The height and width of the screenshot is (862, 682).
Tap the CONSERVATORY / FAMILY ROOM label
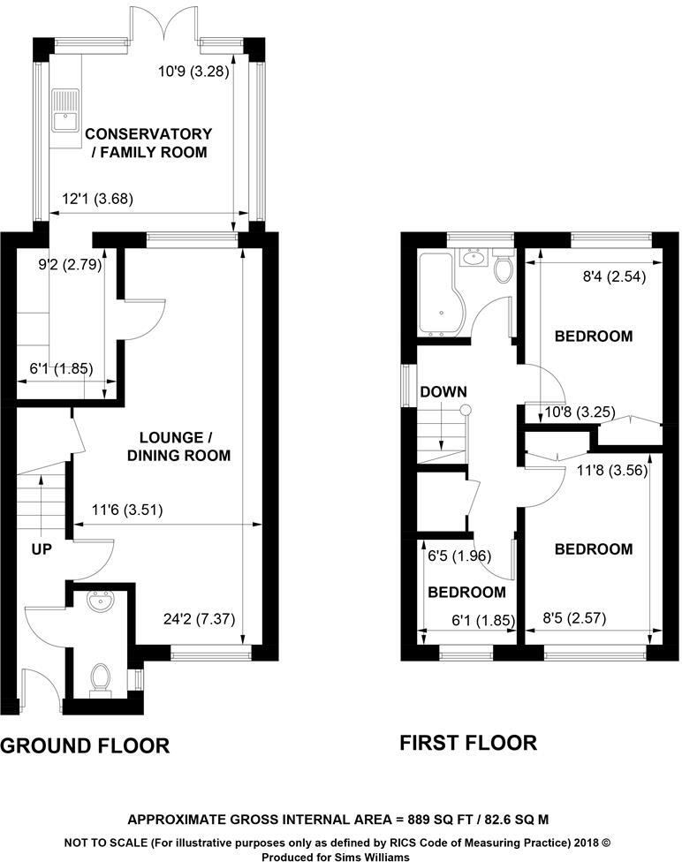click(148, 143)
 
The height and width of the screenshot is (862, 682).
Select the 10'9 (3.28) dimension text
click(193, 72)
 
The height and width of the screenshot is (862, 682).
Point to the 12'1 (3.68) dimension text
click(96, 200)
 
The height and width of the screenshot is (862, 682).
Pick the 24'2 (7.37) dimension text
click(202, 619)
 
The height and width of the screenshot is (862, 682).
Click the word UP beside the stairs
click(42, 549)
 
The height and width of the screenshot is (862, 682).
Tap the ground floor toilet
click(101, 678)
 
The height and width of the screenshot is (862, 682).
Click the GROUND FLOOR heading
click(85, 746)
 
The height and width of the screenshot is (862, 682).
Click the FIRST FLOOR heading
click(468, 743)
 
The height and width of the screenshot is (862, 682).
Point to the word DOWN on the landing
click(443, 391)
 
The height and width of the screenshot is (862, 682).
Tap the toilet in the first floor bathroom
click(504, 267)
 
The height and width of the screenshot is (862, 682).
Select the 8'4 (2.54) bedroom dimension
click(614, 276)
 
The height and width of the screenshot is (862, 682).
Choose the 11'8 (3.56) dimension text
click(614, 471)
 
